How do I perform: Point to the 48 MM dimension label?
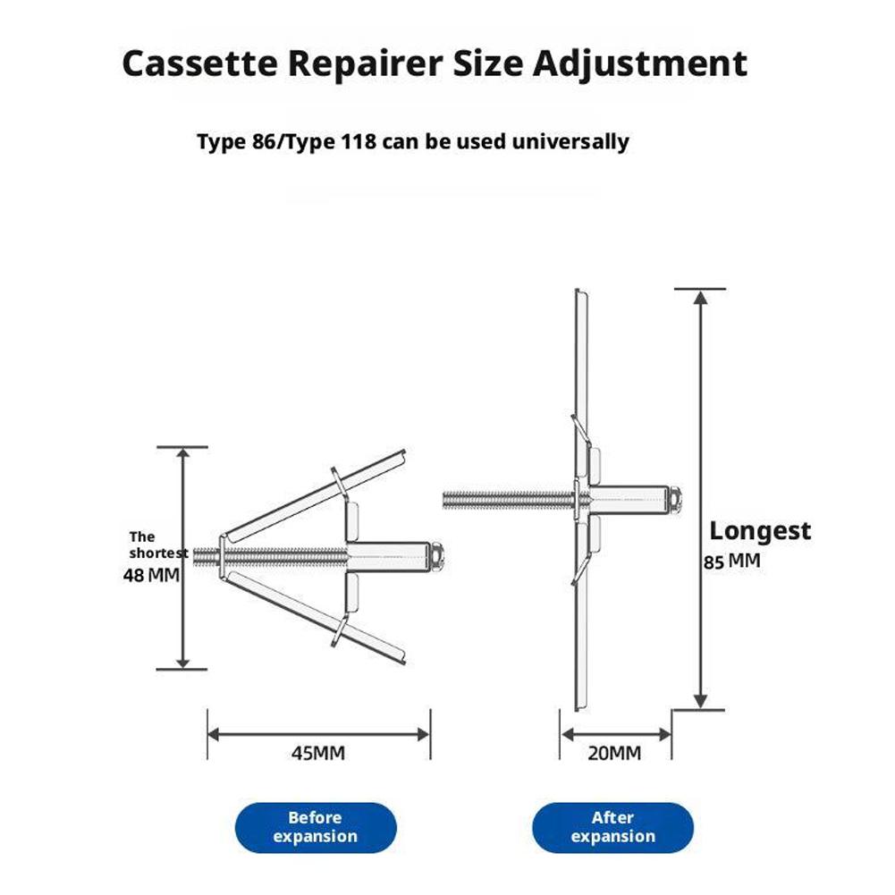coord(151,575)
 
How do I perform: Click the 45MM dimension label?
coord(317,753)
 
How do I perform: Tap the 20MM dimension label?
coord(614,753)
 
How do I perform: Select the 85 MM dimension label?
coord(731,563)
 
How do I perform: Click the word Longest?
coord(760,531)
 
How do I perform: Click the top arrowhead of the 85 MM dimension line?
coord(701,299)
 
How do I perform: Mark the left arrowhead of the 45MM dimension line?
coord(215,734)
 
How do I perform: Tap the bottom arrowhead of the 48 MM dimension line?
coord(183,661)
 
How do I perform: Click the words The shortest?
coord(158,545)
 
